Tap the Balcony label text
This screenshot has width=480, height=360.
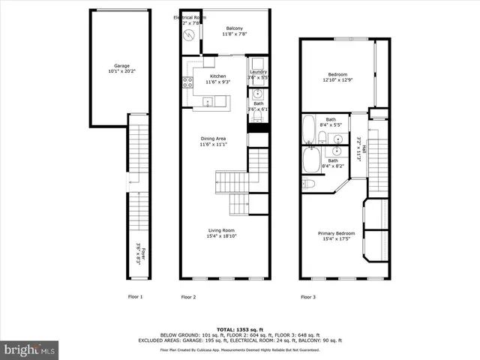[234, 28]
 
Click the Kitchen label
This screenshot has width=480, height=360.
[217, 76]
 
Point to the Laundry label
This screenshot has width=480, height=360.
[258, 71]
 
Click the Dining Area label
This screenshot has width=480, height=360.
[213, 139]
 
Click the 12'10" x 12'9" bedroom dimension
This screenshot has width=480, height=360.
[337, 80]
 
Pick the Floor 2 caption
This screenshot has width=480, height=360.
[188, 297]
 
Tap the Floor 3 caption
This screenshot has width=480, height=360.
[308, 297]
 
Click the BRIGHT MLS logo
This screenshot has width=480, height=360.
[30, 349]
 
